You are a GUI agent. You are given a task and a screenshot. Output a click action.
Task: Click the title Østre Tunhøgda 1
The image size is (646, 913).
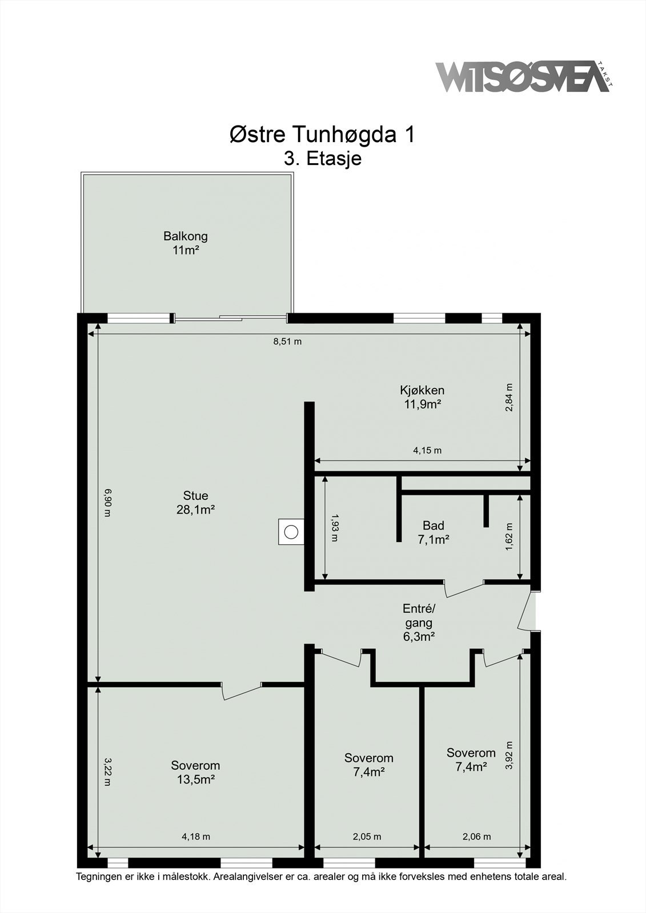(322, 135)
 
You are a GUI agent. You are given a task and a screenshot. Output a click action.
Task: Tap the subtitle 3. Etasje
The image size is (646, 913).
(323, 158)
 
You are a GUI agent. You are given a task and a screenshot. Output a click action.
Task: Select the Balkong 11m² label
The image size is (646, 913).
(185, 243)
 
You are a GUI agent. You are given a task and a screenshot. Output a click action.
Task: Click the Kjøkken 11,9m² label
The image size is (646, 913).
(422, 397)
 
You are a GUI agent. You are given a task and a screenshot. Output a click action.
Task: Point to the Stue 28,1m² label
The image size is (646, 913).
(195, 502)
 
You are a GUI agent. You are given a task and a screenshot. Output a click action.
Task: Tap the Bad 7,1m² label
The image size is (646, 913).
(433, 532)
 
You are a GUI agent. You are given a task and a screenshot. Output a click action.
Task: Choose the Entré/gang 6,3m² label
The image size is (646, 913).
(419, 623)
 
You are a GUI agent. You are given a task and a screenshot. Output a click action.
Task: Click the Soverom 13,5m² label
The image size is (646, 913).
(195, 772)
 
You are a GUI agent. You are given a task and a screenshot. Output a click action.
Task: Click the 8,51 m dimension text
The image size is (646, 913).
(287, 342)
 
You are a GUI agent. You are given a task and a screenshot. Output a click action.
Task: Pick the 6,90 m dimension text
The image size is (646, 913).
(107, 502)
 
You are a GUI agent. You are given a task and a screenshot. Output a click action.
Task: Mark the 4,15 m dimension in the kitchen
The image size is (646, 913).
(427, 450)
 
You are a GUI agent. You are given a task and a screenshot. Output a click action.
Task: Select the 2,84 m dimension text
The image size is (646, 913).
(509, 397)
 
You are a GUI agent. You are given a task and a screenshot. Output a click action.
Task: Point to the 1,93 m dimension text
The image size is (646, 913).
(335, 528)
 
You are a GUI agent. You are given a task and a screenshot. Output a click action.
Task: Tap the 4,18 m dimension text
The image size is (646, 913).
(196, 837)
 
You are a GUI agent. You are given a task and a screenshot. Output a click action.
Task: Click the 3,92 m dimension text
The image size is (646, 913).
(509, 756)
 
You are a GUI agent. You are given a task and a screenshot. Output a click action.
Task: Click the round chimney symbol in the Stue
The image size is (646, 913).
(291, 532)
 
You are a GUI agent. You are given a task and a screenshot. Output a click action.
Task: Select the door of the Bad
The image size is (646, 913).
(464, 588)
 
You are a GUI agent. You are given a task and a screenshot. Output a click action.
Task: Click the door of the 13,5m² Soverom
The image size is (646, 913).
(242, 691)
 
